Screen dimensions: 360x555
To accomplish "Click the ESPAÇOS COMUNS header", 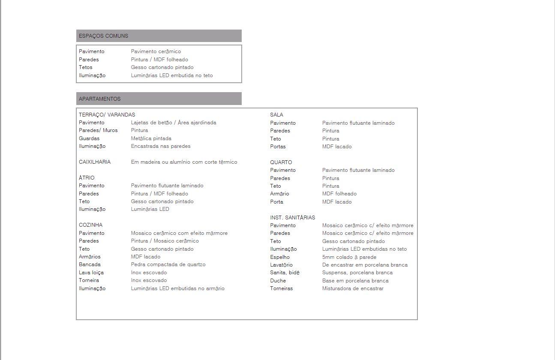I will [103, 36].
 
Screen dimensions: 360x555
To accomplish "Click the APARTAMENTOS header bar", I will [159, 99].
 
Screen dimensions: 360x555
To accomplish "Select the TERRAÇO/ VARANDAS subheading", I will [107, 115].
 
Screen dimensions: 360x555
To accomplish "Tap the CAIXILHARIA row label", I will [95, 162].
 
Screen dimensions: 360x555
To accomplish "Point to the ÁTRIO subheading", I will [87, 178].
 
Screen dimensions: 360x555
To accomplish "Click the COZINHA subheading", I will [90, 225].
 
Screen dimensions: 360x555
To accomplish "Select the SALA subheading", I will [276, 115].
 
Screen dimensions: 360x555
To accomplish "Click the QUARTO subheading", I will [281, 162].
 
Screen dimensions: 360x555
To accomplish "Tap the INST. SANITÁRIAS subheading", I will [292, 218].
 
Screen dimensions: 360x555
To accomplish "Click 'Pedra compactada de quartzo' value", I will [168, 264].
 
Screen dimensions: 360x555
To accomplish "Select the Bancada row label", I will [90, 264].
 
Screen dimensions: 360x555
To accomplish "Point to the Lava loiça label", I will [91, 273].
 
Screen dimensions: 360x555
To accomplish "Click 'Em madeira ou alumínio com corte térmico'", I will [184, 162].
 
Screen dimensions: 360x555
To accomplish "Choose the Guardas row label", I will [89, 138].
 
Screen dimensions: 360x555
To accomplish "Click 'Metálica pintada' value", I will [151, 138].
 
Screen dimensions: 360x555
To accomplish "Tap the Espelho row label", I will [280, 257].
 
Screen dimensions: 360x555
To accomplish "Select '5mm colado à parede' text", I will [349, 257].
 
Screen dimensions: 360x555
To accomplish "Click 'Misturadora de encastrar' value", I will [353, 288].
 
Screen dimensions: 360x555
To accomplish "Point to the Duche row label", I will [278, 281].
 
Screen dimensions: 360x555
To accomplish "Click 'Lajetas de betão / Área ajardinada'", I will [174, 123].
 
